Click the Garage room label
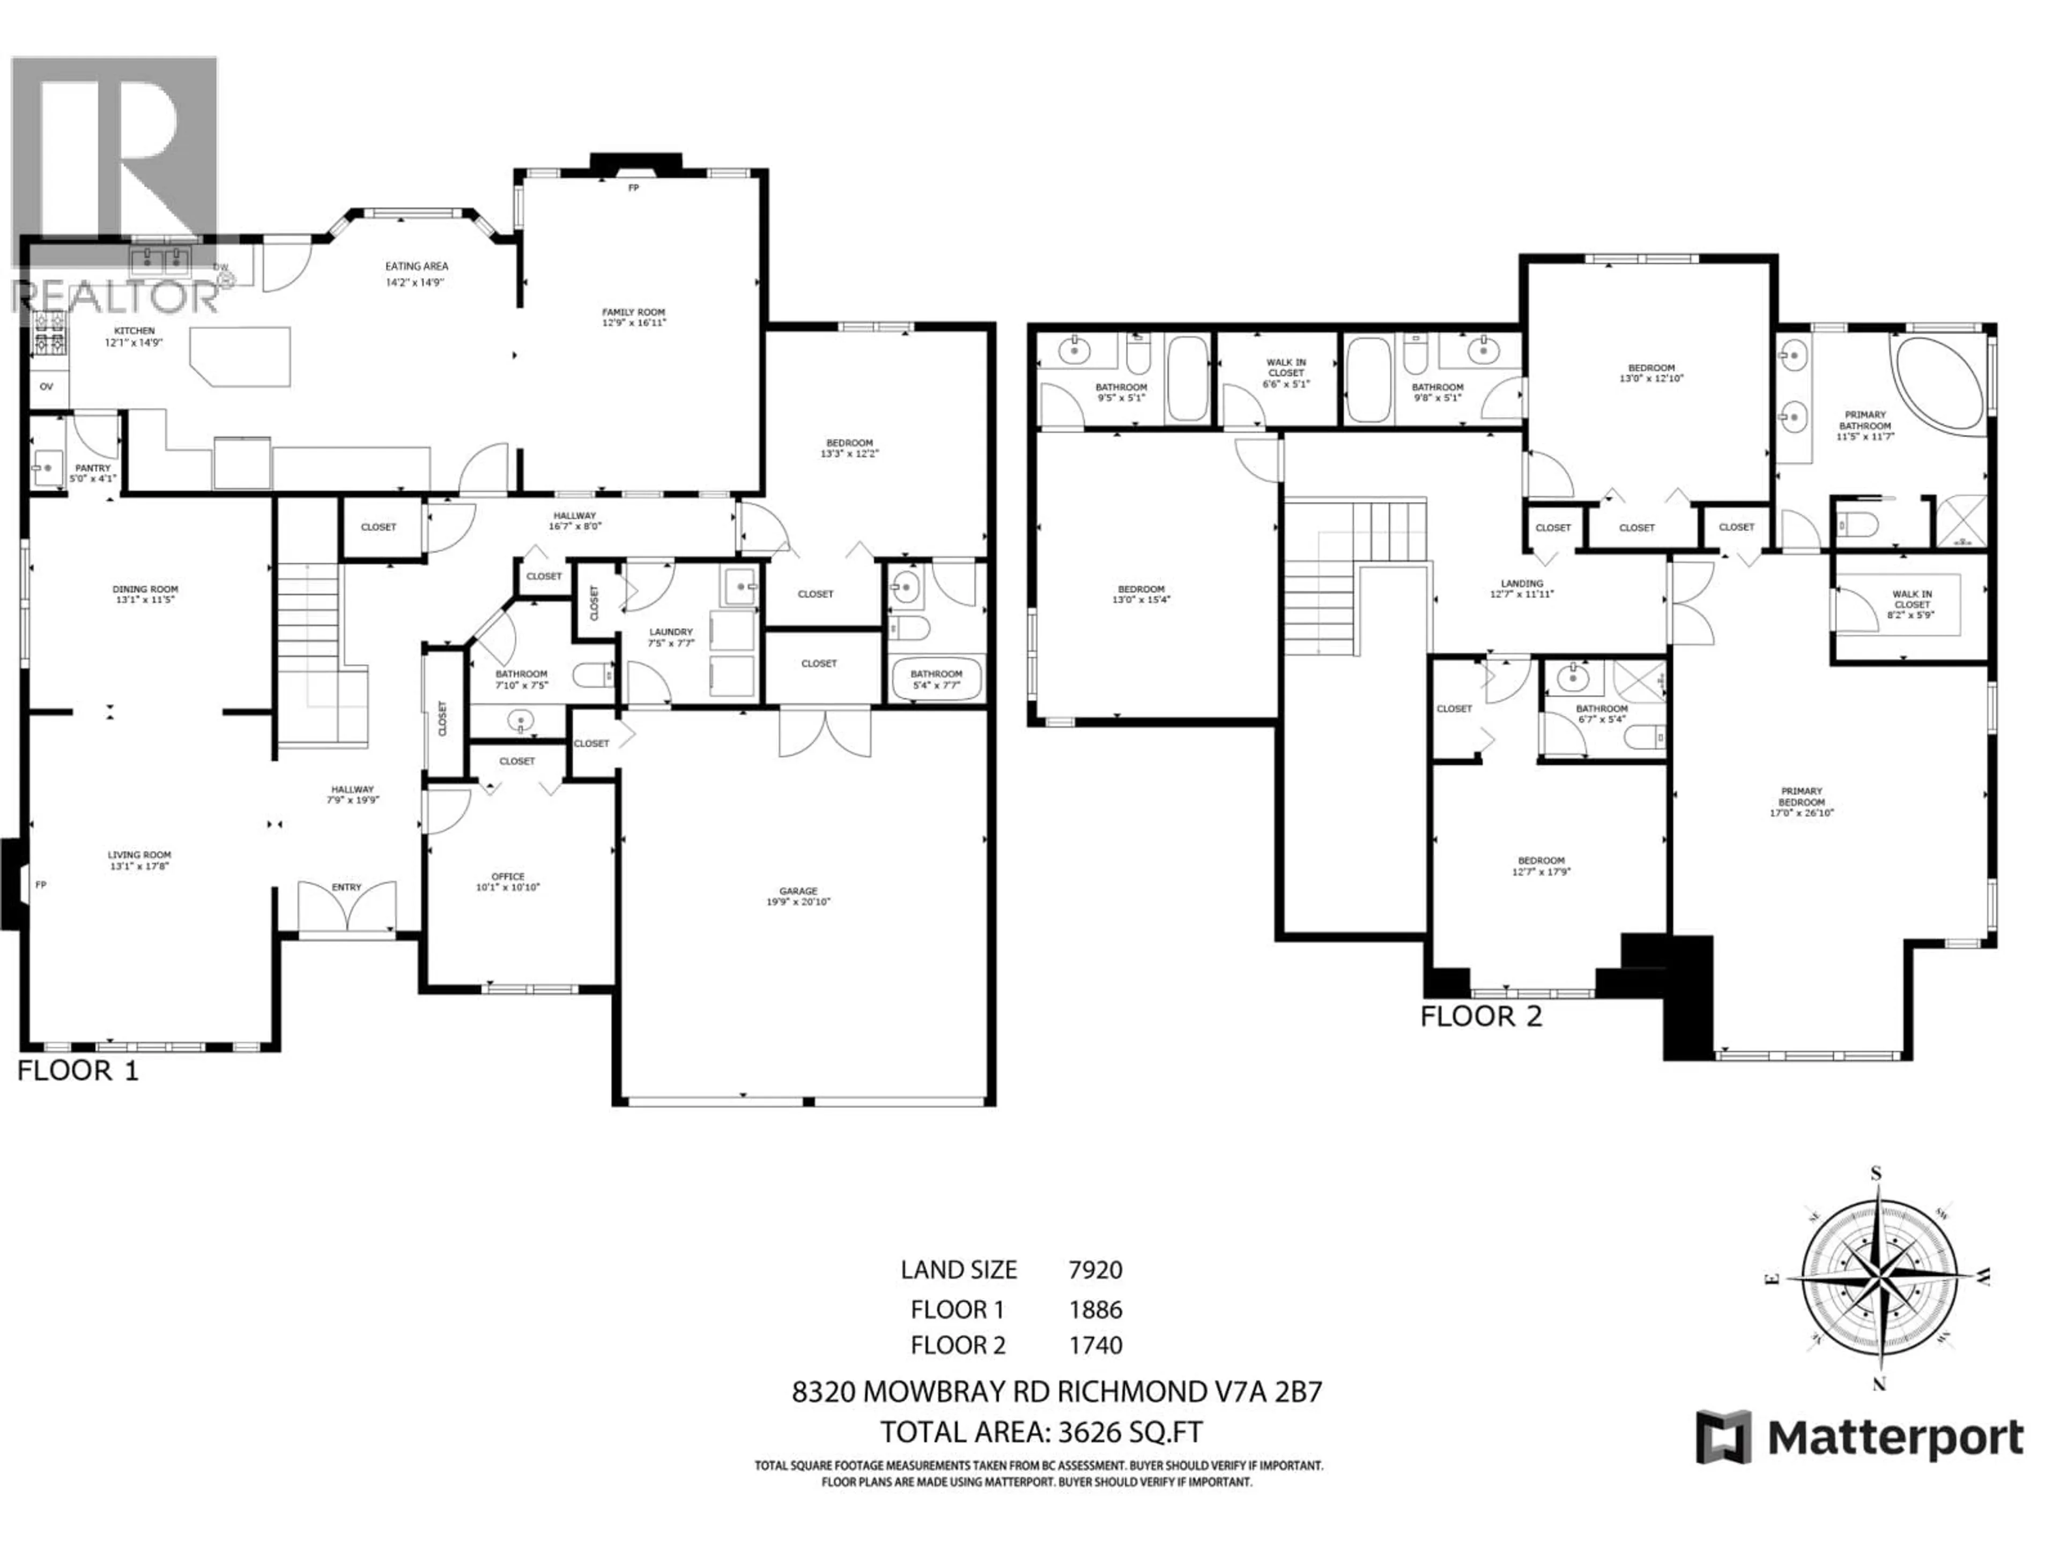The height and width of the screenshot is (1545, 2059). point(798,891)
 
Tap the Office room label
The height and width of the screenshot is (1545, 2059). point(507,877)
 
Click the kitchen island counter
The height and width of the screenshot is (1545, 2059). point(240,357)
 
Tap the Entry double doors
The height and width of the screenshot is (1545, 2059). point(346,906)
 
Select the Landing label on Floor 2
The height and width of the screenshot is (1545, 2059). point(1522,584)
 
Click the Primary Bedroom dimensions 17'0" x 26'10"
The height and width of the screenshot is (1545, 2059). point(1801,812)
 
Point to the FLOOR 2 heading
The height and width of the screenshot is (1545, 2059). point(1481,1016)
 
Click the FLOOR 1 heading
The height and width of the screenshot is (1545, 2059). point(78,1071)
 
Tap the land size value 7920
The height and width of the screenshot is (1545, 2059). point(1095,1270)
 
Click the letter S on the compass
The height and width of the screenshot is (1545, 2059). point(1877,1173)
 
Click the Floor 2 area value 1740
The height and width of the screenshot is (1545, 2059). point(1095,1345)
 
